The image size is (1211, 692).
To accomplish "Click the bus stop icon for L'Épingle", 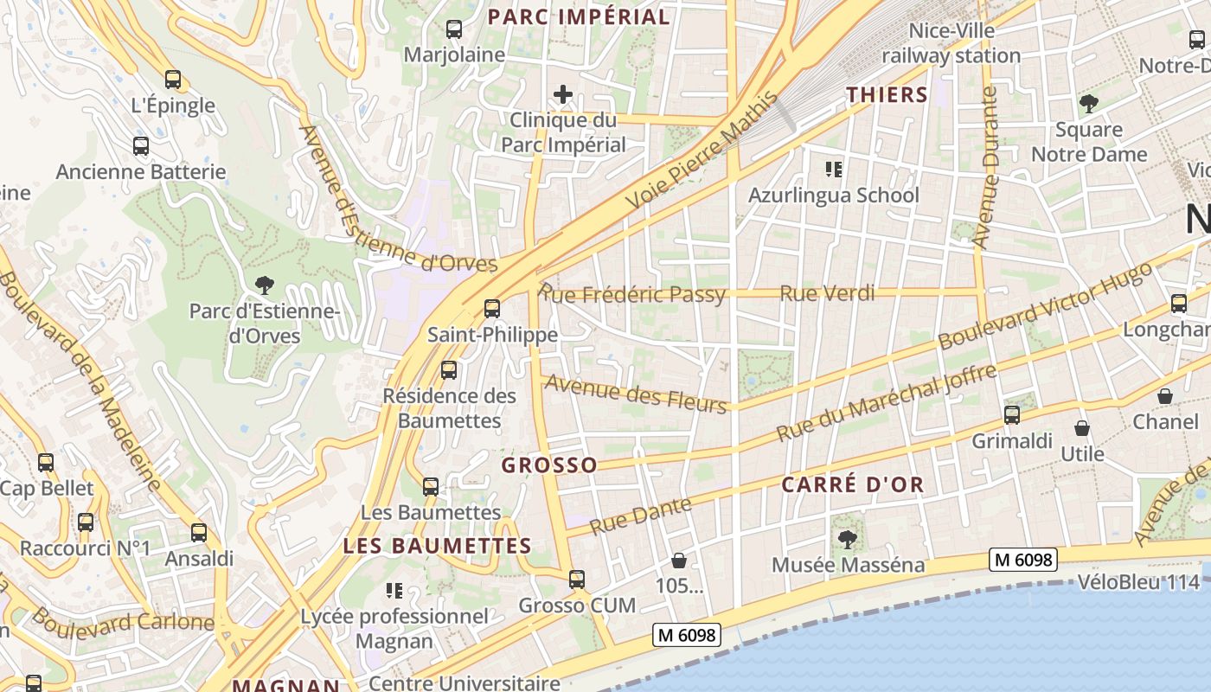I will (x=173, y=80).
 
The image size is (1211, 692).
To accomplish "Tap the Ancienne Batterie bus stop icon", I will (x=141, y=146).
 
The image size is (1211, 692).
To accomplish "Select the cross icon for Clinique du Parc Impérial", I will (x=563, y=93).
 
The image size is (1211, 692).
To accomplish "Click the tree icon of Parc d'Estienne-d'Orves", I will (x=265, y=285).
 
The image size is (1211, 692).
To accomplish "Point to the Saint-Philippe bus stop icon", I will (x=492, y=308).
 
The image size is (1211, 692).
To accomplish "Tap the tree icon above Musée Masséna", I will (x=847, y=540).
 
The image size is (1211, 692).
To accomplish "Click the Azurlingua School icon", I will (x=834, y=170).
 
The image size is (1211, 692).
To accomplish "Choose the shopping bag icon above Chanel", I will (x=1165, y=396).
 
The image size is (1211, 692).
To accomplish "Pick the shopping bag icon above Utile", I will (x=1081, y=428).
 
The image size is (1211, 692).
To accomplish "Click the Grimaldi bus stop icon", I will (x=1011, y=415).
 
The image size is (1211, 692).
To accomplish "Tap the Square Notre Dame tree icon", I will (x=1088, y=105).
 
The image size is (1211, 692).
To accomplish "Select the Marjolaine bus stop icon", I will (x=454, y=29).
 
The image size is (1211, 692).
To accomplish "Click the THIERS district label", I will (x=887, y=94).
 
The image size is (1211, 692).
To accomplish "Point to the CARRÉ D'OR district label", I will (x=853, y=485).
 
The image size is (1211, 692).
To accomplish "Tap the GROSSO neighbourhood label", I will (x=549, y=465).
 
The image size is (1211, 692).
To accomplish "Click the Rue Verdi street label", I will (x=827, y=293).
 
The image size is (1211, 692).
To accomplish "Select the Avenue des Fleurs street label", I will (x=636, y=394).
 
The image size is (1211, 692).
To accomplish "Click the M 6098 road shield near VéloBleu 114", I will (x=1023, y=561).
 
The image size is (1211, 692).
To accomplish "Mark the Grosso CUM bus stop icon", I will (x=577, y=580).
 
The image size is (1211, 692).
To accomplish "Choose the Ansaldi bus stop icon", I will (x=199, y=533).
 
